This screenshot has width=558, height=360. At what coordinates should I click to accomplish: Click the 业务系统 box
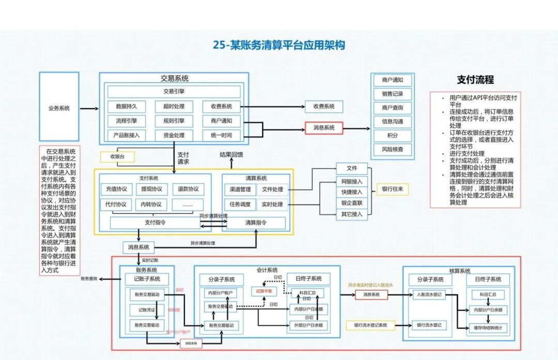(59, 107)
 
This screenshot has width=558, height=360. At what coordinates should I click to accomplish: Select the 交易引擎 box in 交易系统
(174, 91)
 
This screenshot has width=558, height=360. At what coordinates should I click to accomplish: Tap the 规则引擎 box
(174, 121)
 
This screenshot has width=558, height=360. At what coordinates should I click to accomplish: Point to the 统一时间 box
(221, 135)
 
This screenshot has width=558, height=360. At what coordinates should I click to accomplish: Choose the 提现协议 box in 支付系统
(151, 189)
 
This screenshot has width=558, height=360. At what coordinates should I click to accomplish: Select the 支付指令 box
(155, 223)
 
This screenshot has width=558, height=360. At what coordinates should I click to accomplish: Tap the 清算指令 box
(256, 223)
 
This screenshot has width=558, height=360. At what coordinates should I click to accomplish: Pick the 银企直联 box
(352, 203)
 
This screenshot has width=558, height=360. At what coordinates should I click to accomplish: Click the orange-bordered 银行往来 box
(393, 190)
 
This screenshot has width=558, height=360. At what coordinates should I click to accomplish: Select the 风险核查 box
(393, 149)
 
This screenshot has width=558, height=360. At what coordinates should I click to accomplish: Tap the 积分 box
(393, 135)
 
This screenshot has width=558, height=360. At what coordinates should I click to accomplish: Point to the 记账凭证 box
(147, 310)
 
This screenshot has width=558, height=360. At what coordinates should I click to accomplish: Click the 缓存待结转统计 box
(488, 328)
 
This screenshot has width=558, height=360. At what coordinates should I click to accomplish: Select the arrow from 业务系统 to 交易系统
(89, 108)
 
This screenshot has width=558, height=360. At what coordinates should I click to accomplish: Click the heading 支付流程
(475, 80)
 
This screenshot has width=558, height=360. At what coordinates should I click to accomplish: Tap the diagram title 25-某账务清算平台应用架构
(279, 45)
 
